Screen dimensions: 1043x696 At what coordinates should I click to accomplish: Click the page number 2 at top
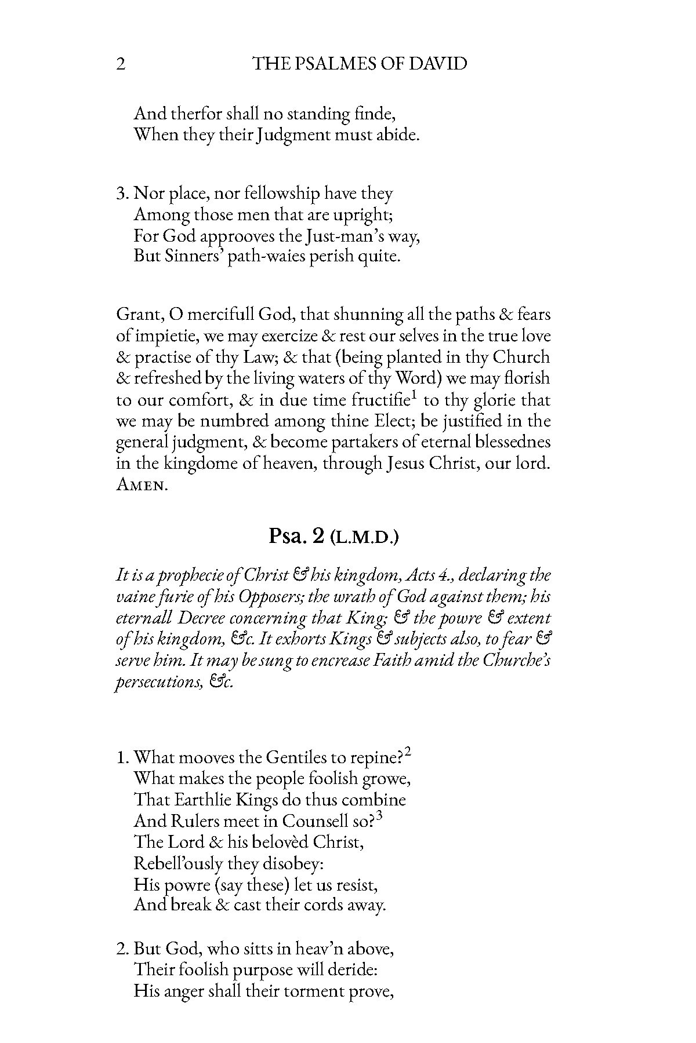121,64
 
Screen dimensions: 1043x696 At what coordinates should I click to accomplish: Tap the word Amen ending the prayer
142,486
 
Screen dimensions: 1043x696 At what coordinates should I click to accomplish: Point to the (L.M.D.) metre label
364,538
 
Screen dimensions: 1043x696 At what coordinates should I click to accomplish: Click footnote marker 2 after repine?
408,752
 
